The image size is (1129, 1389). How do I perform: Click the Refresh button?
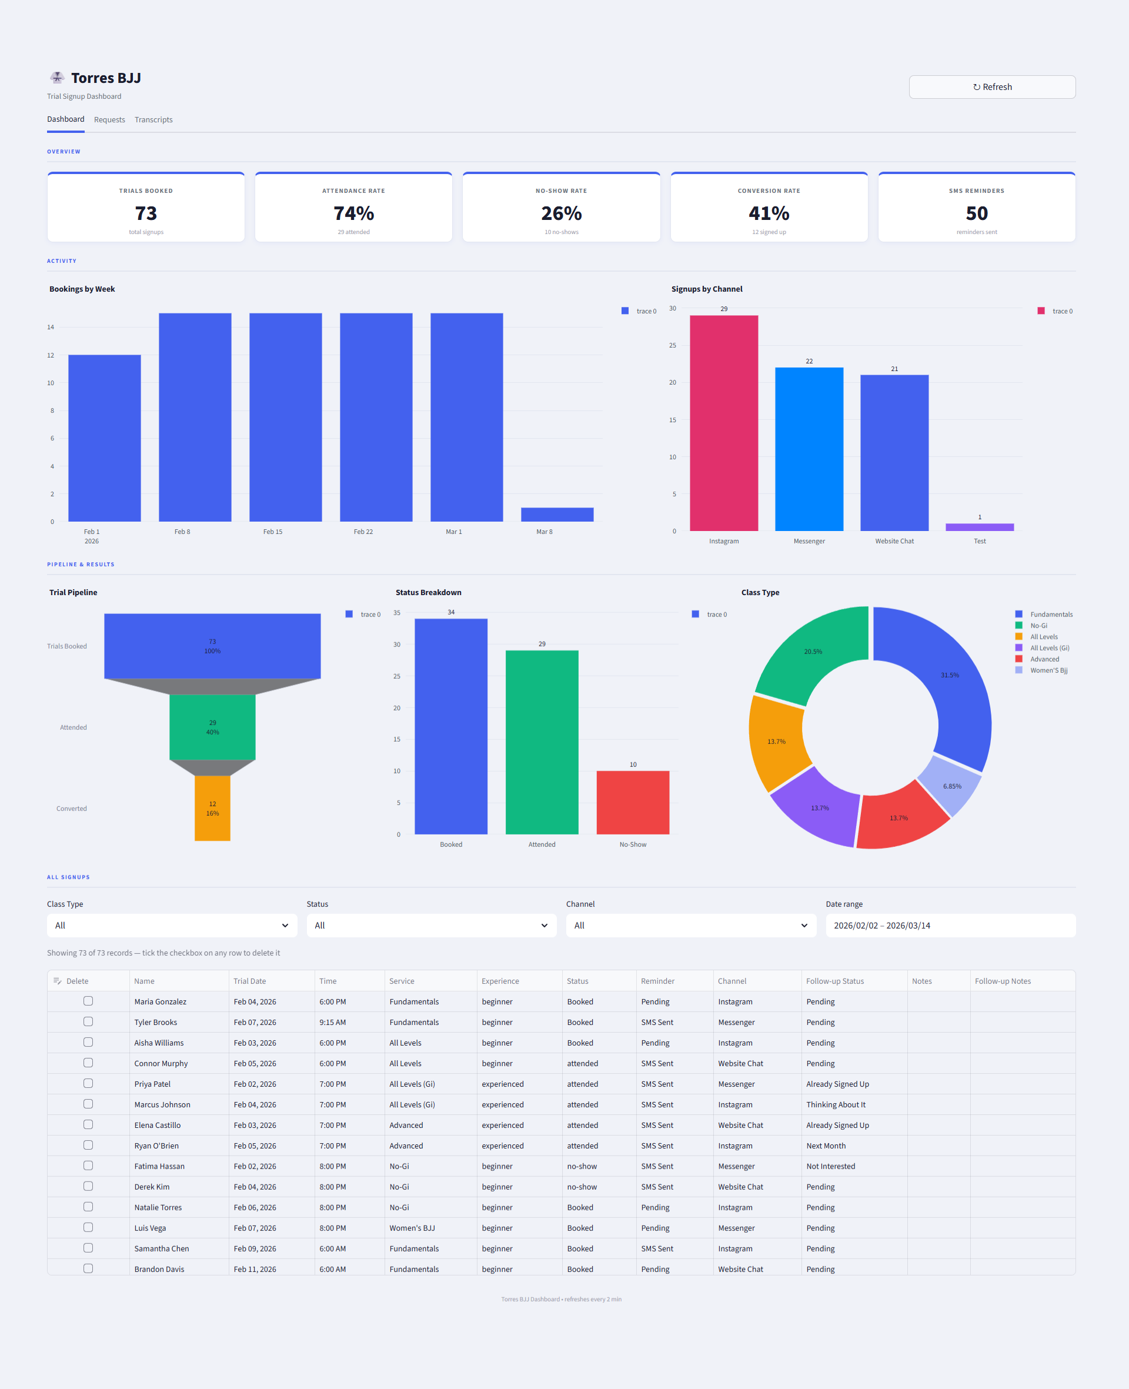coord(991,87)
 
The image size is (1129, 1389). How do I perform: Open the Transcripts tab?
coord(153,119)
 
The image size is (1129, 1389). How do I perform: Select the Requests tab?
coord(109,119)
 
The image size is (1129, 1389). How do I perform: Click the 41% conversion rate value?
coord(768,213)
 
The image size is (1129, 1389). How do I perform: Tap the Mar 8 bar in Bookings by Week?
coord(557,515)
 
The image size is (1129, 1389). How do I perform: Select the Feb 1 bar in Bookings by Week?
coord(104,438)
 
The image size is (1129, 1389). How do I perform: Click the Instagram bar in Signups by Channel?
coord(723,423)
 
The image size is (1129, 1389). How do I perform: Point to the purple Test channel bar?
coord(979,527)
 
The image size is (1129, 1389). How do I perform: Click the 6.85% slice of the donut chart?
coord(951,786)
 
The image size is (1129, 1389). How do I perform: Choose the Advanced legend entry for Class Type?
coord(1044,659)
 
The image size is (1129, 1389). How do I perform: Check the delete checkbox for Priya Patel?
coord(88,1083)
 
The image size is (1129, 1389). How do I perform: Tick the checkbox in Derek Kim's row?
coord(88,1186)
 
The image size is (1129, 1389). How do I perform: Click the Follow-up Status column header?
coord(834,981)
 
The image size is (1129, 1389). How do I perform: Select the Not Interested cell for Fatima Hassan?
coord(830,1166)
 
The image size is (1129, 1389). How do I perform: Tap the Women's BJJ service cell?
coord(412,1228)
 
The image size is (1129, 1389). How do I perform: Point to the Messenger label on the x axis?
coord(809,541)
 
